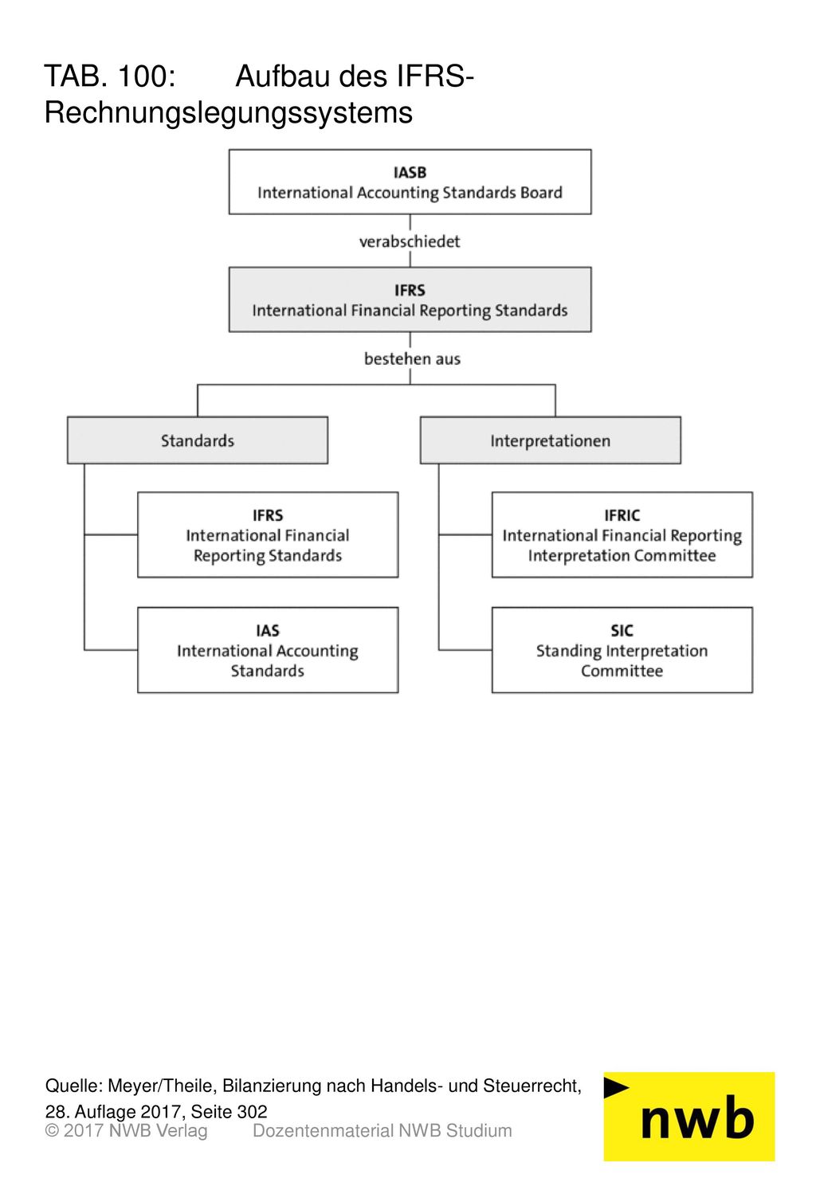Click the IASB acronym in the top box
pos(410,173)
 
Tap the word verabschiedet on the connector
pos(410,241)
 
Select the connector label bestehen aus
pos(413,358)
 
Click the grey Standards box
pos(198,440)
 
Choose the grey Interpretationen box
pos(551,440)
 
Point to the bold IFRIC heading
pos(622,515)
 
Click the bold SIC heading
pos(622,631)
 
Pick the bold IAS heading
pos(268,631)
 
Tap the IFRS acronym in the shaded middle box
pos(410,290)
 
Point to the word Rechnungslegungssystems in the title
pos(229,112)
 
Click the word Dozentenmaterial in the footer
pos(323,1130)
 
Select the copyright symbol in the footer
pos(52,1130)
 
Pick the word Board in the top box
pos(541,193)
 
